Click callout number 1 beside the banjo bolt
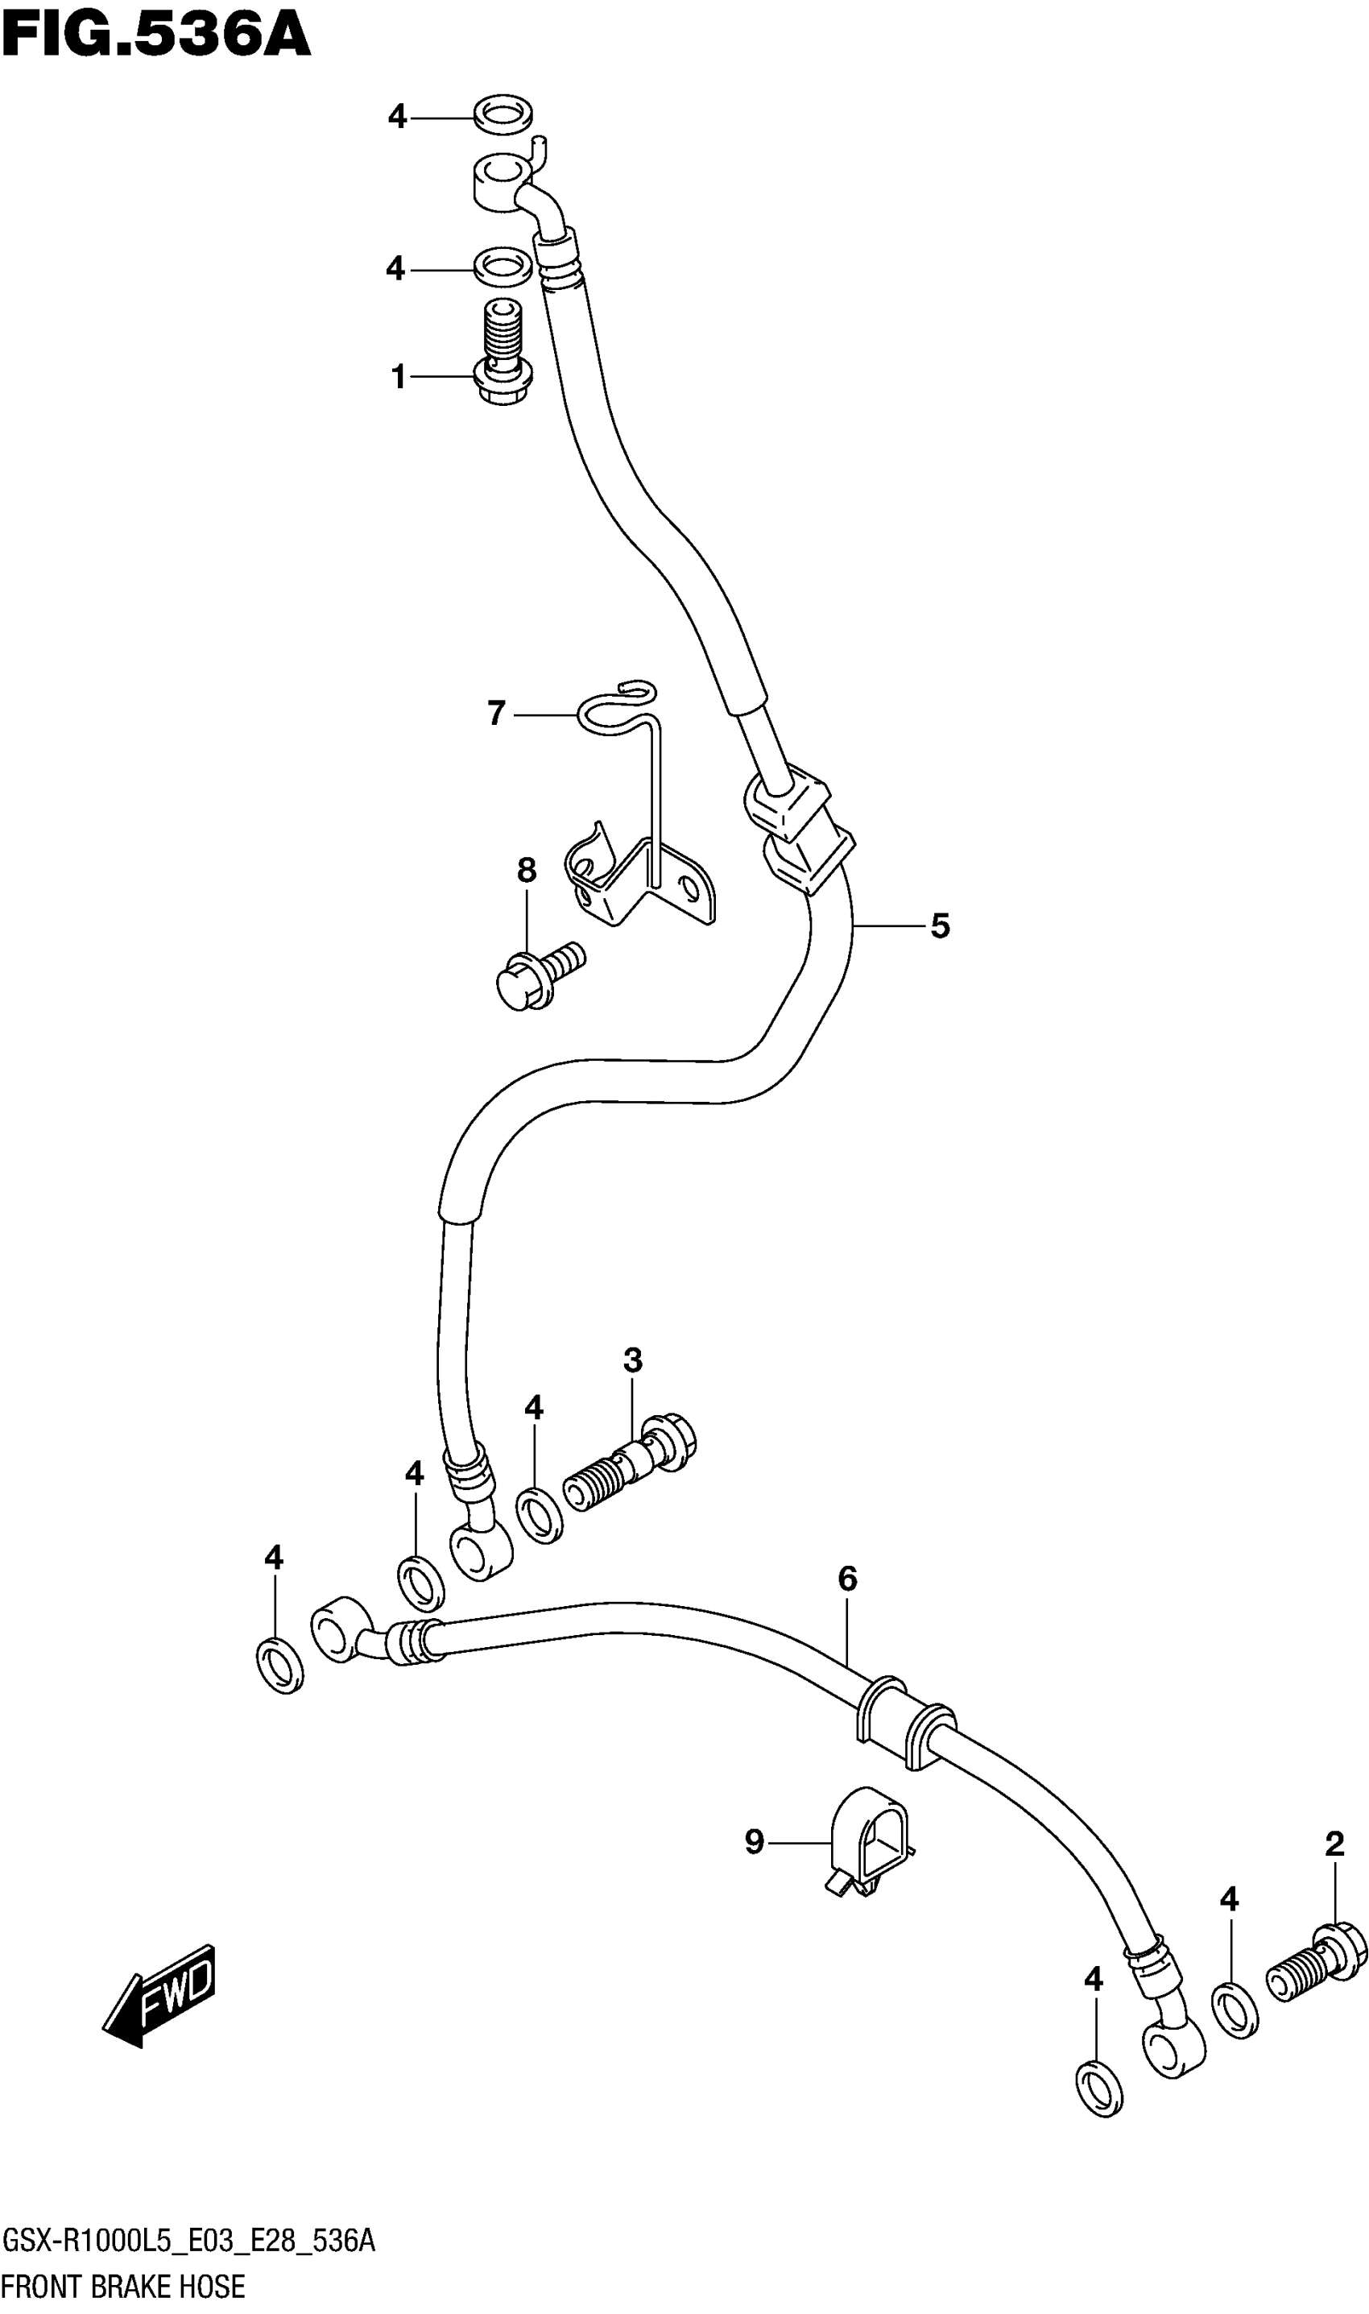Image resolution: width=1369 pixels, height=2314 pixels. pos(398,378)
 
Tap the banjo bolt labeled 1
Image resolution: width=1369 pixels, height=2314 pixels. pos(503,355)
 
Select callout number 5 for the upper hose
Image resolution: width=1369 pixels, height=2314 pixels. pos(939,925)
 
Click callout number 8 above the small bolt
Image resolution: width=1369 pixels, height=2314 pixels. pos(526,870)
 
